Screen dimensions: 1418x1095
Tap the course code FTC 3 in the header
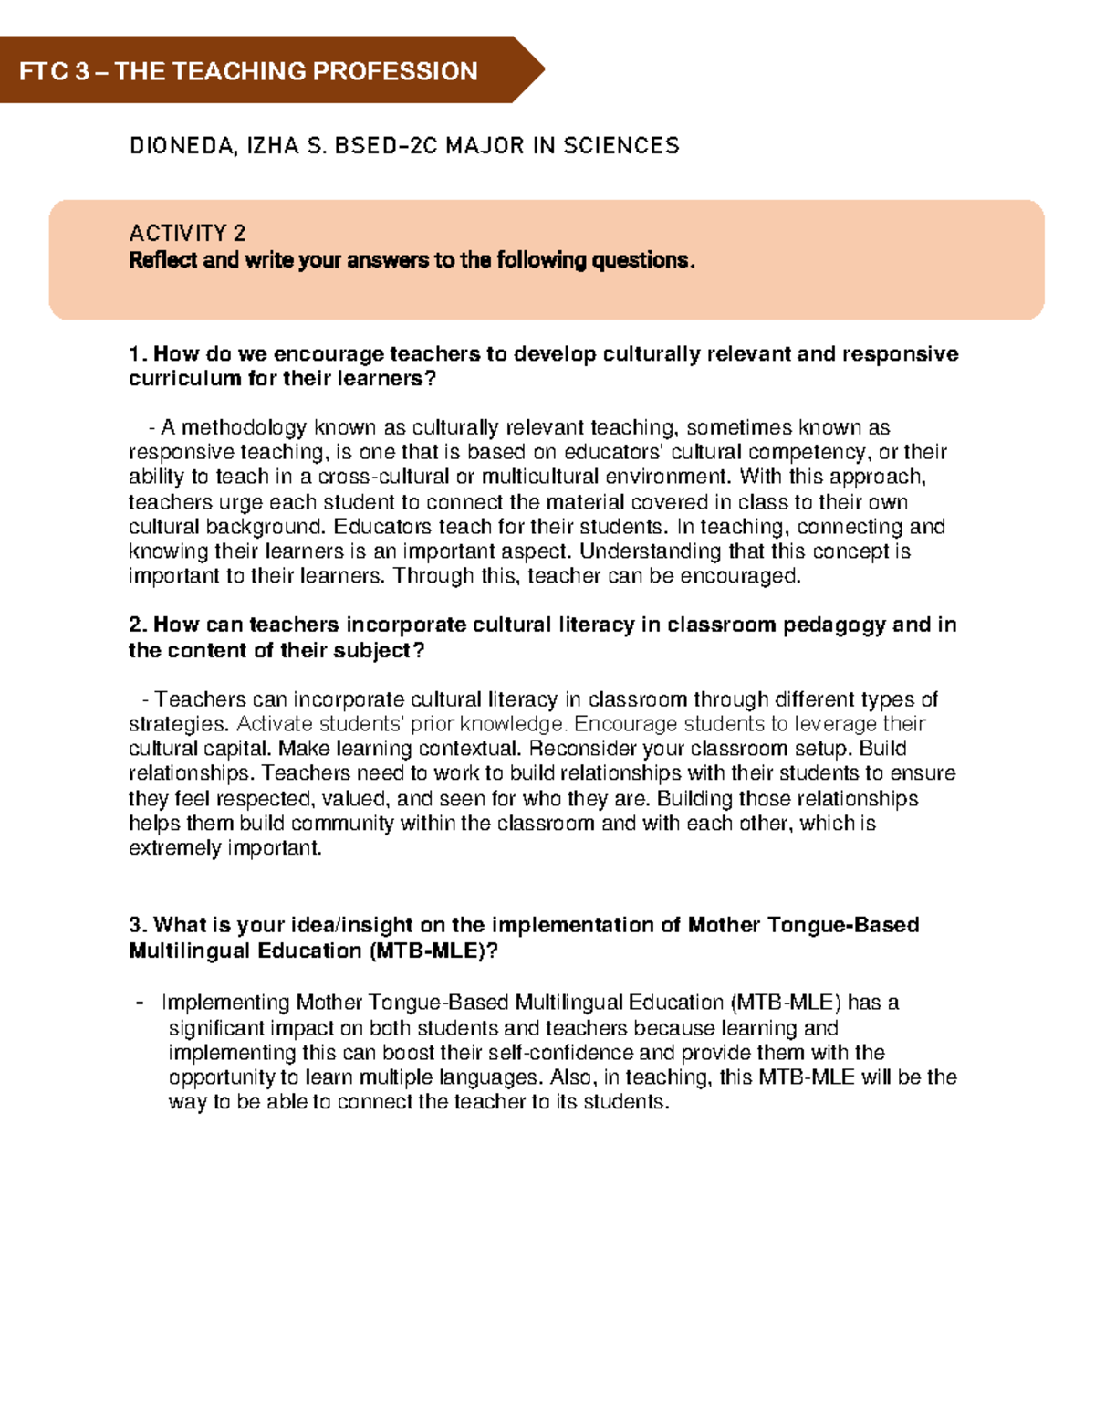coord(54,71)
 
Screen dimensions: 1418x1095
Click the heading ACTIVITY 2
coord(187,233)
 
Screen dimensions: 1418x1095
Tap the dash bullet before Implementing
coord(140,1003)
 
